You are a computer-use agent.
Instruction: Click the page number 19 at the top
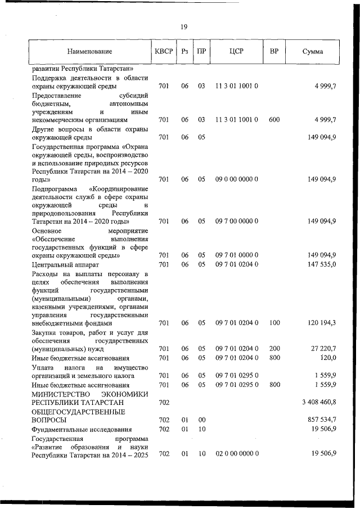click(183, 27)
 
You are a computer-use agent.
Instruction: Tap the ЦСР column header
click(236, 52)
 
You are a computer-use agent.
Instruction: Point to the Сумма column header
click(313, 52)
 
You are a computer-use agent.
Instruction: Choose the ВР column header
click(274, 52)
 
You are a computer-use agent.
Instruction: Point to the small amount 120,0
click(327, 357)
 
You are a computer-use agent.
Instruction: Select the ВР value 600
click(274, 120)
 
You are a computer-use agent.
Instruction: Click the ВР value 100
click(274, 323)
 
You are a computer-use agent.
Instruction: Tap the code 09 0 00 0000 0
click(236, 179)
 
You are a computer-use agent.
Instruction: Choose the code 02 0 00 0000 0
click(236, 454)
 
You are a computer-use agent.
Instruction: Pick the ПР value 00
click(201, 420)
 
